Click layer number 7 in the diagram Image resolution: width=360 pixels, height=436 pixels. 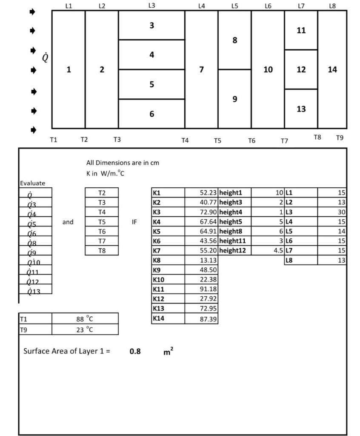[x=201, y=69]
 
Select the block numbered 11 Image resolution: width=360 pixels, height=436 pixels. [x=301, y=30]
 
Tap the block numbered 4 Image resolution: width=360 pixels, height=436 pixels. [x=151, y=55]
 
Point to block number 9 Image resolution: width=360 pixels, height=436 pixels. [x=234, y=99]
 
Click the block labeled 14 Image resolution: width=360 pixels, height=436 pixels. [x=332, y=69]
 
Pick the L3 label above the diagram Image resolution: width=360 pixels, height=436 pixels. [x=151, y=6]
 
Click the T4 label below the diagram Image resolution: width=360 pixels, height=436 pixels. [x=185, y=140]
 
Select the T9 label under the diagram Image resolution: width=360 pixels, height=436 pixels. [x=340, y=138]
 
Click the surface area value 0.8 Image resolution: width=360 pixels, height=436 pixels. [x=135, y=352]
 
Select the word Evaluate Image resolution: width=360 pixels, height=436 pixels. [x=32, y=183]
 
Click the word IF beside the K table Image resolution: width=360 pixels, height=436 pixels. [x=134, y=222]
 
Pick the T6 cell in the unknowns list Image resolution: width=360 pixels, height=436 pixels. [x=102, y=232]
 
